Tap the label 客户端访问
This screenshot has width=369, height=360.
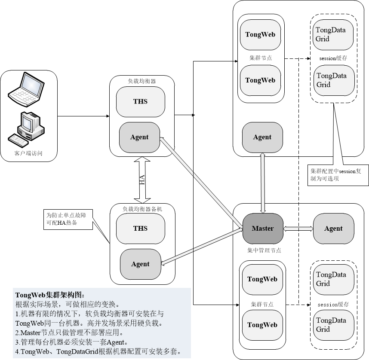[29, 153]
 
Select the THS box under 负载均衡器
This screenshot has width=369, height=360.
[140, 102]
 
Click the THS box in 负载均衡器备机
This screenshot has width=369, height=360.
[140, 229]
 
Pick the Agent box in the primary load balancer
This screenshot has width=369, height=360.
[139, 137]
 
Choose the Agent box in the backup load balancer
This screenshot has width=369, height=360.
[140, 264]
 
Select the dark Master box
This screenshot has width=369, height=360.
[262, 229]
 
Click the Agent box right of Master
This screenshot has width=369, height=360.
[333, 229]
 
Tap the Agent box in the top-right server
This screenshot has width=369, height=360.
[262, 137]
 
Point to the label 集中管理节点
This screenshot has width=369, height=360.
[264, 250]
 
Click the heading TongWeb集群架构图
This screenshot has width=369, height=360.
[50, 295]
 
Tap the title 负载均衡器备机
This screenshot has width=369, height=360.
[142, 209]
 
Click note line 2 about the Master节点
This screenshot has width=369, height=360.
[69, 333]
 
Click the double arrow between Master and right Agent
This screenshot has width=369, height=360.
[298, 229]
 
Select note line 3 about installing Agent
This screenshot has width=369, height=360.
[71, 342]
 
